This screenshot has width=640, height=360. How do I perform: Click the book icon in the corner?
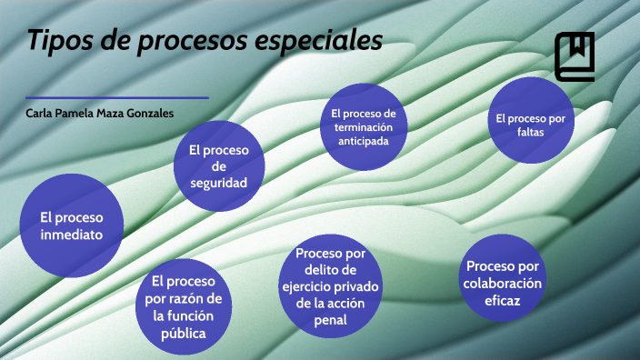(x=575, y=56)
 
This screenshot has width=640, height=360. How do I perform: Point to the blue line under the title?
(x=117, y=97)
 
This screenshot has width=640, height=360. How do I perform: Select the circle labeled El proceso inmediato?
(x=72, y=226)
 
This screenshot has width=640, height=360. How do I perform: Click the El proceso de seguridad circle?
(x=219, y=165)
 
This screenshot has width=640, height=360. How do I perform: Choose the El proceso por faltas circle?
(x=531, y=122)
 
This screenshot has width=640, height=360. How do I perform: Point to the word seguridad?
(x=219, y=182)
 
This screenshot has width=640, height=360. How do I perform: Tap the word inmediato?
(x=72, y=235)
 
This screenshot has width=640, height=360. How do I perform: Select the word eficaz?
(x=503, y=300)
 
